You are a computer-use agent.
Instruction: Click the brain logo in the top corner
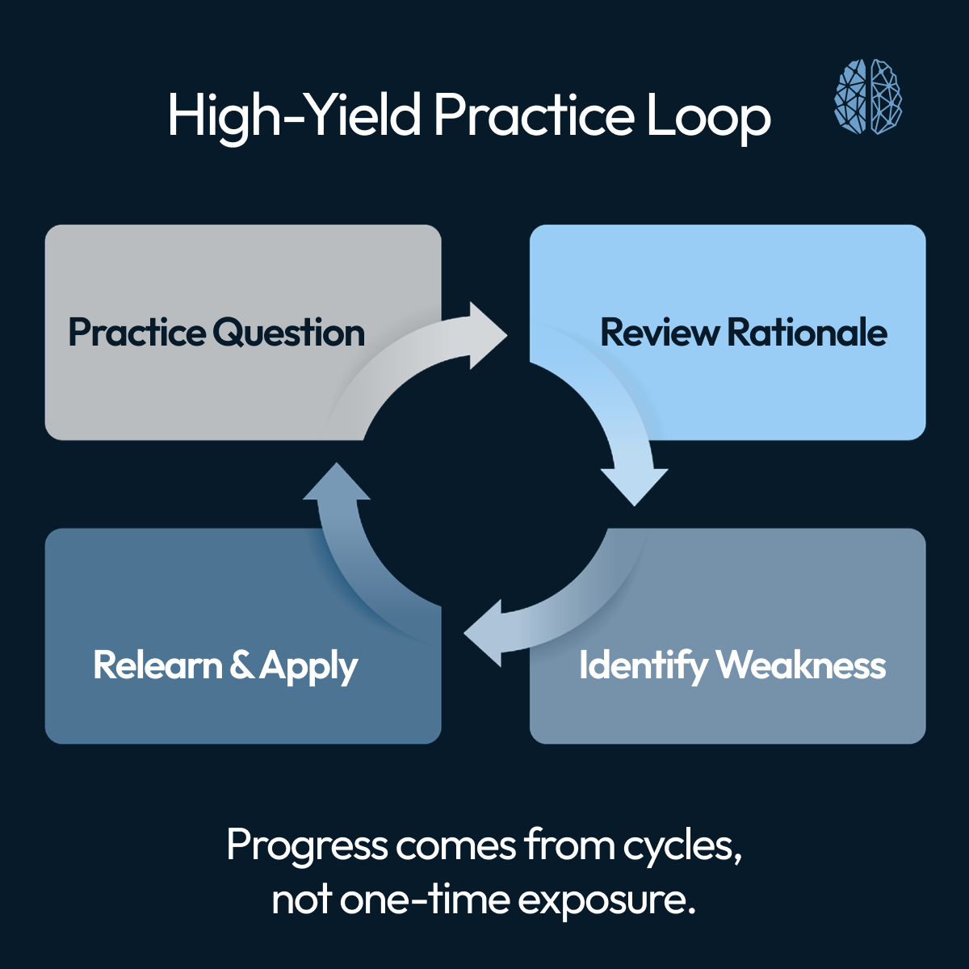pos(868,96)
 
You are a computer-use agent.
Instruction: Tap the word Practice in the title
pos(534,115)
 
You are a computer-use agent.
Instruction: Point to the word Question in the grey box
pos(289,333)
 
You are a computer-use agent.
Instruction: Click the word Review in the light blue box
pos(659,333)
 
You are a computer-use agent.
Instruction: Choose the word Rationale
pos(807,333)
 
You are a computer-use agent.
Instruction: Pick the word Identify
pos(643,666)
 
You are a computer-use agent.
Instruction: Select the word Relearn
pos(157,665)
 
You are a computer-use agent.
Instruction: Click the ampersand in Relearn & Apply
pos(241,665)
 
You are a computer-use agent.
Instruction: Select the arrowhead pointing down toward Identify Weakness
pos(635,484)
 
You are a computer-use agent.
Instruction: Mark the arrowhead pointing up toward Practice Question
pos(336,484)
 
